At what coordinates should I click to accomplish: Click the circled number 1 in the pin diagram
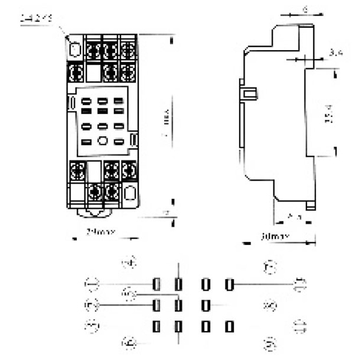[x=92, y=283]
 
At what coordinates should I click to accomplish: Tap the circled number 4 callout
[x=128, y=262]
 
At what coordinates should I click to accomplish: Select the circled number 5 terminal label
[x=92, y=305]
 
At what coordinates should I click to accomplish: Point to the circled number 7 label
[x=271, y=267]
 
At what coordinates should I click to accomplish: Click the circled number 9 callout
[x=271, y=344]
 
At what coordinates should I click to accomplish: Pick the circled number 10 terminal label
[x=300, y=283]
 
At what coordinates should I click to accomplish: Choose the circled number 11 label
[x=300, y=327]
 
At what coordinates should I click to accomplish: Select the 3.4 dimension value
[x=336, y=54]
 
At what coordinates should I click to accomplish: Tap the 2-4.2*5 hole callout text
[x=36, y=19]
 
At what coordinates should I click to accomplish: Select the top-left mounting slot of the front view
[x=75, y=48]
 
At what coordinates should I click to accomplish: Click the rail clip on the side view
[x=248, y=93]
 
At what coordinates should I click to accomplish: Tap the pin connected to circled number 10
[x=229, y=284]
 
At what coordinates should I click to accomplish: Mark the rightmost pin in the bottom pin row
[x=229, y=327]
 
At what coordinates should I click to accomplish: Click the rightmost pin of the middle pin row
[x=206, y=305]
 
